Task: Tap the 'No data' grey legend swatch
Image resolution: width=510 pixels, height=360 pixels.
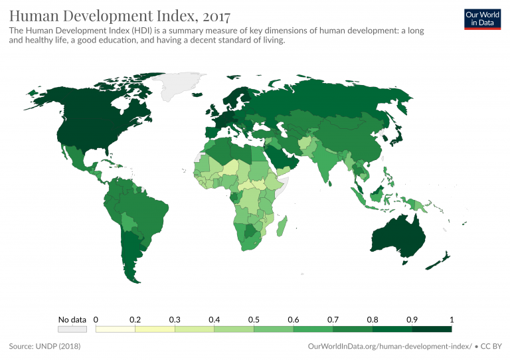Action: click(72, 328)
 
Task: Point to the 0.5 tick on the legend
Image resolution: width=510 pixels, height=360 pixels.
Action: click(254, 319)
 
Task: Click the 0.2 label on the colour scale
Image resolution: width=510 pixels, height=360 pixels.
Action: click(135, 319)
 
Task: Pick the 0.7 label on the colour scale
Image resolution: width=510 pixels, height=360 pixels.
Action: click(333, 319)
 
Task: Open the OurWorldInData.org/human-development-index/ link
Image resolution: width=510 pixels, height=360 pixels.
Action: click(390, 346)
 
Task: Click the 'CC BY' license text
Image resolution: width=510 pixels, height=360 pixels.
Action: click(492, 346)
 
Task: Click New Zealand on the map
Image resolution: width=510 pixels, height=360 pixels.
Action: click(440, 260)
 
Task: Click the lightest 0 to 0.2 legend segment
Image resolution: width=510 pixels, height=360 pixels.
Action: click(116, 328)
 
